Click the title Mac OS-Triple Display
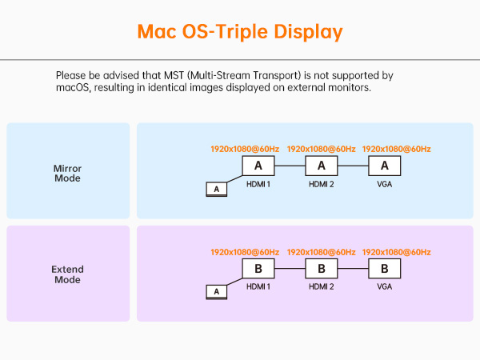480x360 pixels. (x=240, y=32)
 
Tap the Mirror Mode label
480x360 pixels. (x=67, y=174)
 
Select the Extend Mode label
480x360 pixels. (x=67, y=274)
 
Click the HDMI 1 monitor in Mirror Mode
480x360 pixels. (x=258, y=166)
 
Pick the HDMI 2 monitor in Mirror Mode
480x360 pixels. (x=321, y=166)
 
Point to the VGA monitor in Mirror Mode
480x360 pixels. (x=385, y=166)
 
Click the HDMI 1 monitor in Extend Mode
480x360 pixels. (x=258, y=268)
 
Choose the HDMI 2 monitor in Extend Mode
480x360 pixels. (x=321, y=268)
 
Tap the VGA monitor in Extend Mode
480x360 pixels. (x=385, y=268)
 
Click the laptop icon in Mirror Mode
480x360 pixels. (x=216, y=190)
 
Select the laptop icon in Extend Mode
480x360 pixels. (x=216, y=292)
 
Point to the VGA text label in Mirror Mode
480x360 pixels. (x=385, y=184)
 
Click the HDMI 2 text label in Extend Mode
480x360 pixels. (x=321, y=286)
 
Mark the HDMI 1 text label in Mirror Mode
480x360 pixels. (x=258, y=184)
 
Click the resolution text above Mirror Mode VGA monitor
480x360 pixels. (x=397, y=150)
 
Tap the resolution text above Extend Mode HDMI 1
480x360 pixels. (x=245, y=252)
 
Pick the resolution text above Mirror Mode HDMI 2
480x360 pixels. (x=321, y=150)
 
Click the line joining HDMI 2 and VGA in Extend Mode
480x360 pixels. (x=353, y=268)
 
